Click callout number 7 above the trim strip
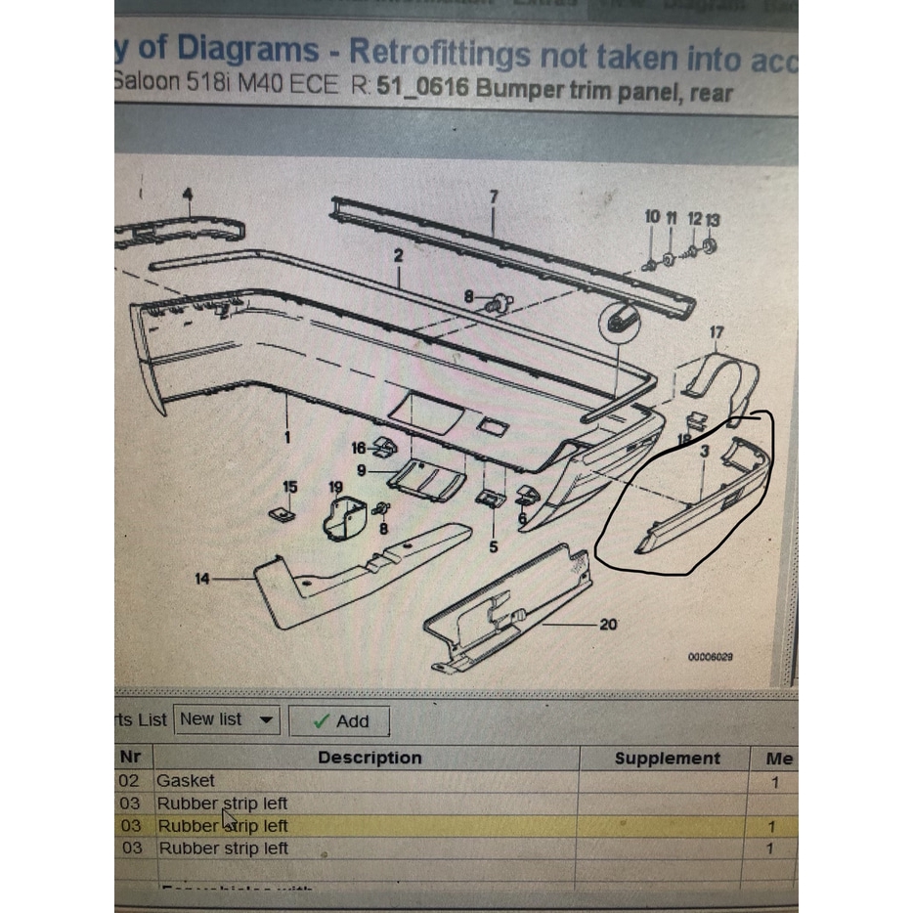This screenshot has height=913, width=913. pyautogui.click(x=494, y=196)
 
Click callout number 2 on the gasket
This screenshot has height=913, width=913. pyautogui.click(x=398, y=256)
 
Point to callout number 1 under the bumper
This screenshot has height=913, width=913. pyautogui.click(x=287, y=437)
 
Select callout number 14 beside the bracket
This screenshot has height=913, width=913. pyautogui.click(x=202, y=580)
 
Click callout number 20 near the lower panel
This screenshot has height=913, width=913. pyautogui.click(x=608, y=624)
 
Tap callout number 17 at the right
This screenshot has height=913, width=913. pyautogui.click(x=717, y=333)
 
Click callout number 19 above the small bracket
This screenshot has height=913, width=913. pyautogui.click(x=335, y=487)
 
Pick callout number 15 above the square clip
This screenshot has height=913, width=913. pyautogui.click(x=289, y=487)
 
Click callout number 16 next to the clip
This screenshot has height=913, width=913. pyautogui.click(x=359, y=448)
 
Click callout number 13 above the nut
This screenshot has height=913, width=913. pyautogui.click(x=713, y=219)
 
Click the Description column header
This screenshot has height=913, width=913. pyautogui.click(x=370, y=758)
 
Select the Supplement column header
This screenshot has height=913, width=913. pyautogui.click(x=667, y=758)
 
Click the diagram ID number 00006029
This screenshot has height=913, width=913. pyautogui.click(x=711, y=657)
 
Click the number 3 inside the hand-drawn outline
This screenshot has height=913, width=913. pyautogui.click(x=705, y=452)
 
